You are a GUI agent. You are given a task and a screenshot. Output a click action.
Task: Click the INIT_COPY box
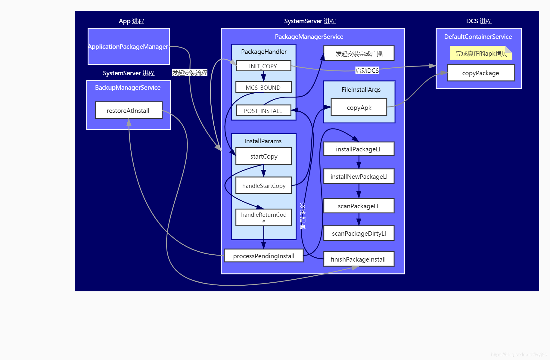pyautogui.click(x=263, y=66)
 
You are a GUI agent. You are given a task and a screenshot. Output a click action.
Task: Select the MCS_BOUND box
pyautogui.click(x=263, y=87)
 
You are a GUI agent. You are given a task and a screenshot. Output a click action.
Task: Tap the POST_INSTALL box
pyautogui.click(x=263, y=110)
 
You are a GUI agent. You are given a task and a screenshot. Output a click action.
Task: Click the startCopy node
pyautogui.click(x=264, y=156)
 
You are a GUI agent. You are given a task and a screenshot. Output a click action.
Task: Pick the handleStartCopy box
pyautogui.click(x=264, y=185)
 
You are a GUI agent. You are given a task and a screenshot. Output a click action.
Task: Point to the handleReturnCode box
pyautogui.click(x=264, y=217)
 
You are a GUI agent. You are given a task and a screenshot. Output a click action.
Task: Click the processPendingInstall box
pyautogui.click(x=263, y=256)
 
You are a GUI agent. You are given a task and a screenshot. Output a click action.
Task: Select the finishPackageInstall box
pyautogui.click(x=359, y=259)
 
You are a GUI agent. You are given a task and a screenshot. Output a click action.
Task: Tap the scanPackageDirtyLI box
pyautogui.click(x=359, y=233)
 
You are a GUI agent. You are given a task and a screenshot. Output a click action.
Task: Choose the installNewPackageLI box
pyautogui.click(x=359, y=176)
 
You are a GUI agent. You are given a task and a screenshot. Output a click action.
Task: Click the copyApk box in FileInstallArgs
pyautogui.click(x=359, y=107)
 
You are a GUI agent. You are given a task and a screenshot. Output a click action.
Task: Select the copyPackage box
pyautogui.click(x=481, y=73)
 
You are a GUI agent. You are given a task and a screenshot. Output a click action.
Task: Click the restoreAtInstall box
pyautogui.click(x=129, y=110)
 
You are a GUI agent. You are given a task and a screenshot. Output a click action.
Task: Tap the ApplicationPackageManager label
pyautogui.click(x=128, y=47)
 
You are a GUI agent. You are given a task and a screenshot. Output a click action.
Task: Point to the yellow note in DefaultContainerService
pyautogui.click(x=481, y=54)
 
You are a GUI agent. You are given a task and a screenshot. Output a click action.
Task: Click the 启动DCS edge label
pyautogui.click(x=367, y=71)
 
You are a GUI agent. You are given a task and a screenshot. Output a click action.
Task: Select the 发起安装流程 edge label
pyautogui.click(x=190, y=73)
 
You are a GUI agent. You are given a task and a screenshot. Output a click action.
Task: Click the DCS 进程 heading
pyautogui.click(x=479, y=21)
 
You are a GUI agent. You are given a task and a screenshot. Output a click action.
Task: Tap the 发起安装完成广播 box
pyautogui.click(x=359, y=54)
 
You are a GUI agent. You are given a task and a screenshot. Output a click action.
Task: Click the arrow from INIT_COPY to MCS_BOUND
pyautogui.click(x=263, y=76)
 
